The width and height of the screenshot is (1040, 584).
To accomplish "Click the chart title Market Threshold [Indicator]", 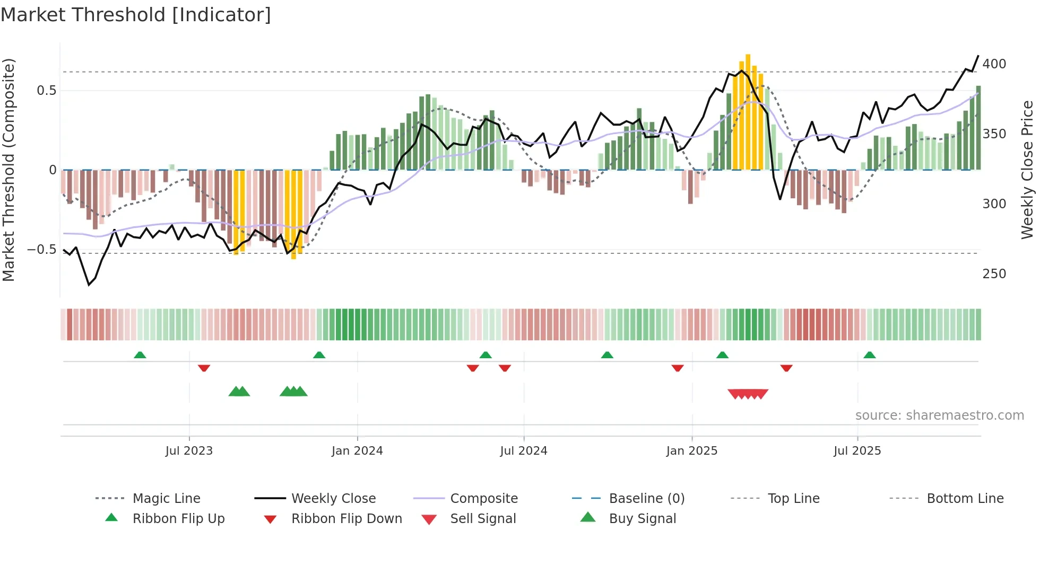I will (x=136, y=15).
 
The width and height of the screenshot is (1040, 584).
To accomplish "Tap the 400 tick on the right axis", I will (x=994, y=64).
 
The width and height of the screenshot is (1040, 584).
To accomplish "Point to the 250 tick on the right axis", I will (x=994, y=274).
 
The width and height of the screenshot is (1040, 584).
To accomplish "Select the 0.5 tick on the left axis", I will (x=46, y=91).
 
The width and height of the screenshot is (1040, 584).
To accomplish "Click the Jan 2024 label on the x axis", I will (x=357, y=451).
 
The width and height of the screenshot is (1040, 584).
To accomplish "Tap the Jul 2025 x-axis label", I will (x=857, y=451).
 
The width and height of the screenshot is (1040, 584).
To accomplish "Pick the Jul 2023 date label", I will (x=189, y=451).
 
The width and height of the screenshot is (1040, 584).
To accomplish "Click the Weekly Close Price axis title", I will (x=1027, y=170).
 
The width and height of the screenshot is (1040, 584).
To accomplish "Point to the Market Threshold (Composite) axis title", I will (x=8, y=170).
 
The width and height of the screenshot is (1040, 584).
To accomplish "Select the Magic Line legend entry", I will (x=166, y=499).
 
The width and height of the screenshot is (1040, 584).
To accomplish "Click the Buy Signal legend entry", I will (x=642, y=519).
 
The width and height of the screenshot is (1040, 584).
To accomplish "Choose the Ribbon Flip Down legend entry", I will (x=346, y=519).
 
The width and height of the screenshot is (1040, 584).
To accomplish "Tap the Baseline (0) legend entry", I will (x=646, y=499).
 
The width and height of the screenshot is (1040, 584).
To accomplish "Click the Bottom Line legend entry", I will (x=965, y=499).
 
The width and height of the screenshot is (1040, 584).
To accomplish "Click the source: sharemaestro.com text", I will (x=939, y=415).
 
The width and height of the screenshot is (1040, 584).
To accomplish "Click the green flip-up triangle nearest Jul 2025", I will (x=869, y=355).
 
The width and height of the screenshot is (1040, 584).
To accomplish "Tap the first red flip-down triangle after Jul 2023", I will (x=204, y=368).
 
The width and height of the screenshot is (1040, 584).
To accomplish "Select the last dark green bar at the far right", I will (x=978, y=127).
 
